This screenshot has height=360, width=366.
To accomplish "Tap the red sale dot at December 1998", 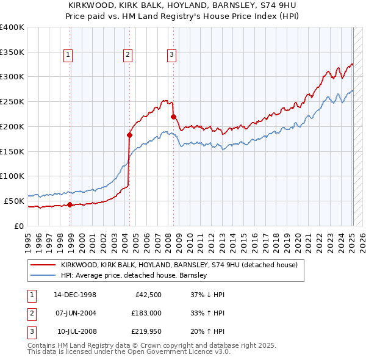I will click(x=70, y=204).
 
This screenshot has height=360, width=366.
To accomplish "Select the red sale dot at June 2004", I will click(x=129, y=135).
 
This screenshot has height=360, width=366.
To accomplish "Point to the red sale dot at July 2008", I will click(x=173, y=116).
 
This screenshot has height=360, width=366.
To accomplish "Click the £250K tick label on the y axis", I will click(x=12, y=102).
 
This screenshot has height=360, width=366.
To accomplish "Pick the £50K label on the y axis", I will click(x=14, y=201).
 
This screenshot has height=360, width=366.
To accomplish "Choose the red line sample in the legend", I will click(x=43, y=265).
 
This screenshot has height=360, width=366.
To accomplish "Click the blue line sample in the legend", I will click(x=43, y=275).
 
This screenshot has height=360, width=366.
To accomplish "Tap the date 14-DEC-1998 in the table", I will click(x=75, y=294).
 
